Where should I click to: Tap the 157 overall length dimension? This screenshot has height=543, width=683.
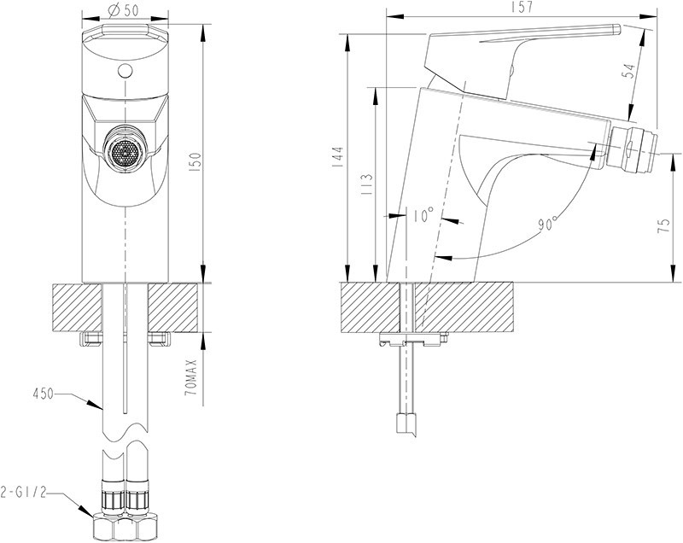(x=524, y=8)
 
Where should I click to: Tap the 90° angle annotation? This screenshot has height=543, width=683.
(x=546, y=225)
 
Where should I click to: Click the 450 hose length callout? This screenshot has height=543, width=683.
(x=42, y=394)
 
